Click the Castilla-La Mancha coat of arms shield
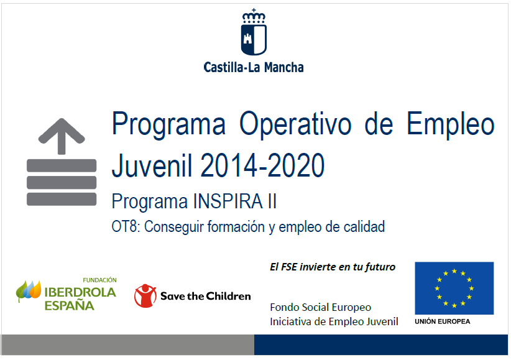click(254, 39)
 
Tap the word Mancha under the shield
click(283, 67)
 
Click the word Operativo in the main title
click(295, 124)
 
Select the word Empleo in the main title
click(450, 124)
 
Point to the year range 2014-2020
click(263, 165)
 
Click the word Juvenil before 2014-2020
click(152, 165)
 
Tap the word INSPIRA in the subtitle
click(228, 201)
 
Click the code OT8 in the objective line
click(126, 226)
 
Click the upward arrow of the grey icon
click(62, 136)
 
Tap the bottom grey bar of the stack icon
click(62, 199)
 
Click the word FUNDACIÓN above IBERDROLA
click(99, 280)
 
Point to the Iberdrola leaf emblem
click(29, 290)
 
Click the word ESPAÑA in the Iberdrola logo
click(70, 306)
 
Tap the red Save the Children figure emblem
click(145, 296)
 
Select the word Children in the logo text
click(228, 296)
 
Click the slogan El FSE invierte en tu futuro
click(333, 267)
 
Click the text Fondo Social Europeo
click(320, 307)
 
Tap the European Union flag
click(454, 288)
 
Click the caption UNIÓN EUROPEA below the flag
click(443, 321)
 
